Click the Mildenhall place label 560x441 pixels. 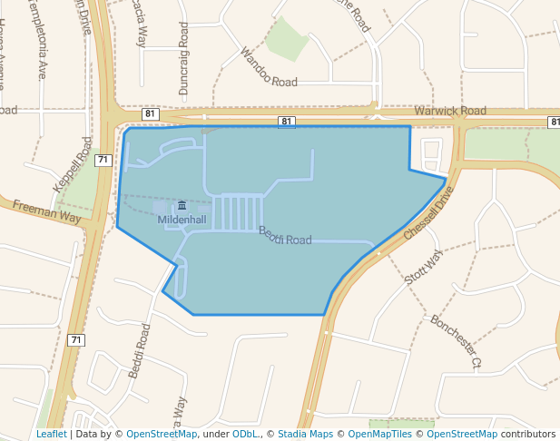182,220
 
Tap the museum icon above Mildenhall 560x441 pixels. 182,206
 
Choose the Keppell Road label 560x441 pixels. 73,163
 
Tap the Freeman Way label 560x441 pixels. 47,213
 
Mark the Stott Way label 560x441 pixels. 423,267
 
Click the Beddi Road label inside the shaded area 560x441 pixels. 285,236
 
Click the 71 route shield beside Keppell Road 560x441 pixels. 103,160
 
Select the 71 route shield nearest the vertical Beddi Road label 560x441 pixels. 76,340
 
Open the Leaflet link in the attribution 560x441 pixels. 51,434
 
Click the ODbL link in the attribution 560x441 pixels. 245,434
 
